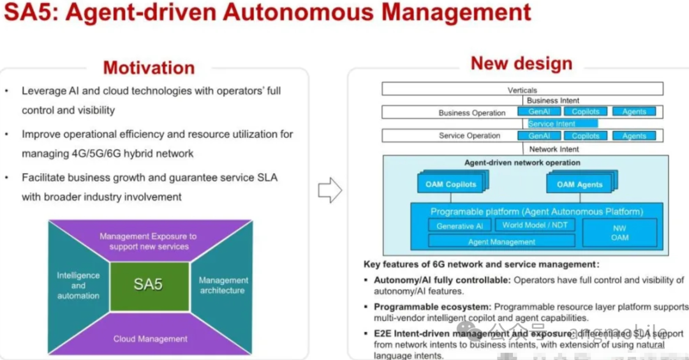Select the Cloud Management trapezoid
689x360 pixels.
[x=150, y=338]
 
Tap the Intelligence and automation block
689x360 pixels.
[x=78, y=285]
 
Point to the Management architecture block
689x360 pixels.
[x=222, y=285]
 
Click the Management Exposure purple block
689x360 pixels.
[x=149, y=241]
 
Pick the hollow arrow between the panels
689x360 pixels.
[x=329, y=190]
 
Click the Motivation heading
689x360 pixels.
[x=149, y=68]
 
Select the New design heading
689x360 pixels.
[x=521, y=63]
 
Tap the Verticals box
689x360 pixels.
[x=522, y=89]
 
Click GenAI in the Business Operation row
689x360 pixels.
[x=539, y=112]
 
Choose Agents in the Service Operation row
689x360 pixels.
[x=634, y=136]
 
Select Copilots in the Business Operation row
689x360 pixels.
[x=586, y=112]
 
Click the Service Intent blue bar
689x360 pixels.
[x=562, y=124]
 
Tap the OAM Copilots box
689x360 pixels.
[x=451, y=184]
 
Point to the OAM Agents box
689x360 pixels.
[x=579, y=184]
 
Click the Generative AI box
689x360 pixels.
[x=459, y=226]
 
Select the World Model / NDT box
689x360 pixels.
[x=535, y=225]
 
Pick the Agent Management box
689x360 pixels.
[x=501, y=242]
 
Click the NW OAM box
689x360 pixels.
[x=619, y=233]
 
